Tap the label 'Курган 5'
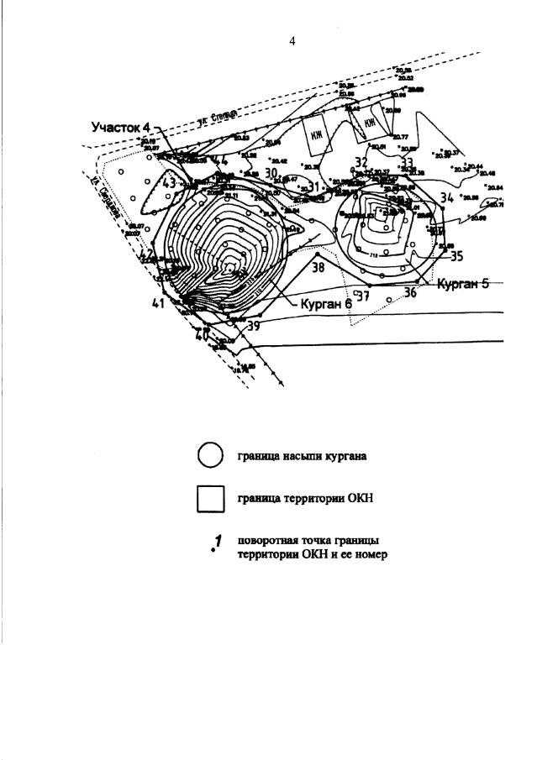462,283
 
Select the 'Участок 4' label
121,127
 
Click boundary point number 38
318,268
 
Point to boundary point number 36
411,292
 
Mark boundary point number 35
457,256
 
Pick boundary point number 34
447,197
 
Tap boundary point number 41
159,303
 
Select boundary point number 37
363,296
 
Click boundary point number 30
271,173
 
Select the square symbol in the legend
210,499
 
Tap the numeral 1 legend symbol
217,543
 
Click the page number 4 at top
292,41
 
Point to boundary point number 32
361,162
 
